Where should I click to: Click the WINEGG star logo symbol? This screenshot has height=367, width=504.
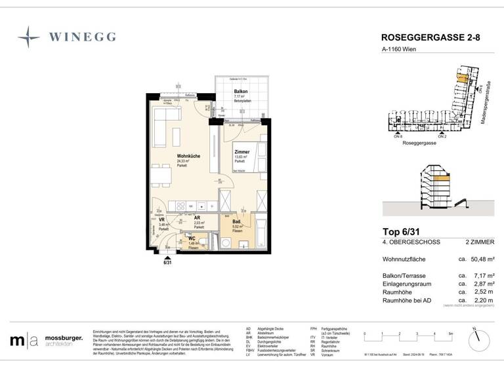pos(29,37)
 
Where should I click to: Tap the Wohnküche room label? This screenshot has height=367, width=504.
pos(188,155)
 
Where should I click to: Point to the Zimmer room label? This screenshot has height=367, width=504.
pos(242,152)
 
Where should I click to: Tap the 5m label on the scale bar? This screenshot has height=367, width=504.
pos(450,333)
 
